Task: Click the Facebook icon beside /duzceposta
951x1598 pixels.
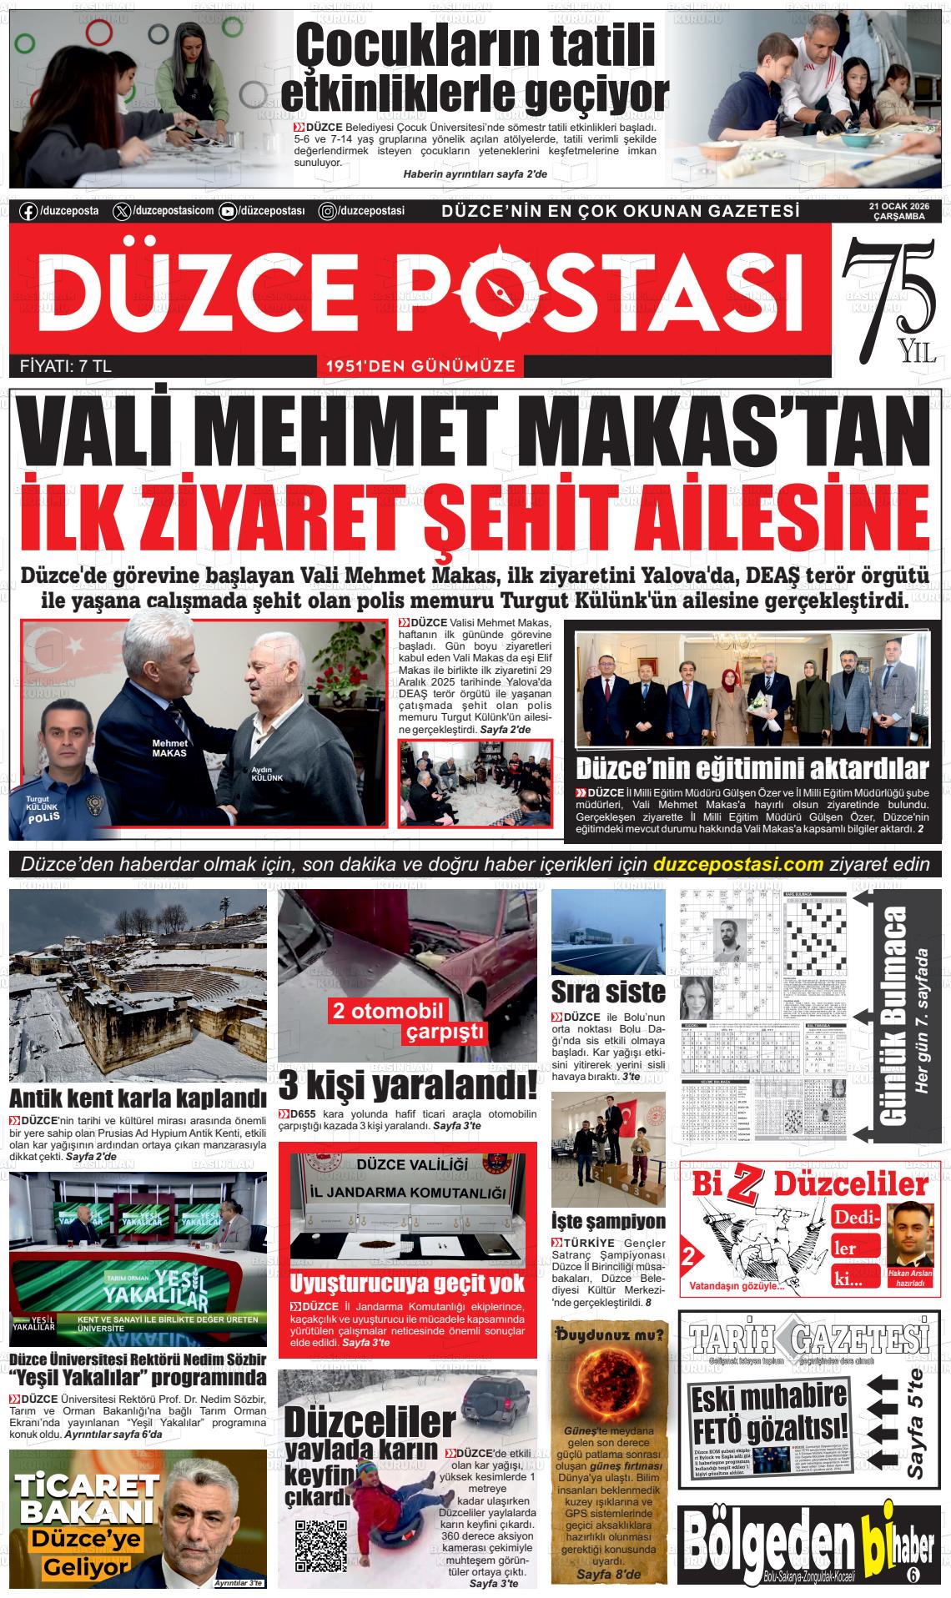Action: click(x=28, y=211)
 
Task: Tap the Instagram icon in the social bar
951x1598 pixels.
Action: click(x=329, y=211)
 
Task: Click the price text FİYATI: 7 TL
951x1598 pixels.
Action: click(x=65, y=365)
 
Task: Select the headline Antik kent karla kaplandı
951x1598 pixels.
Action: click(x=138, y=1098)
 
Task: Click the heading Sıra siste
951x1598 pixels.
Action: click(x=608, y=992)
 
